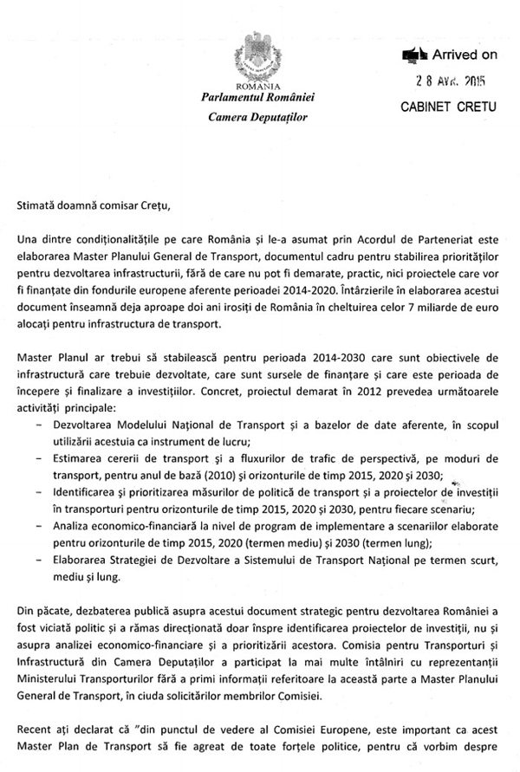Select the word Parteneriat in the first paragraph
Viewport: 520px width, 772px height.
457,238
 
